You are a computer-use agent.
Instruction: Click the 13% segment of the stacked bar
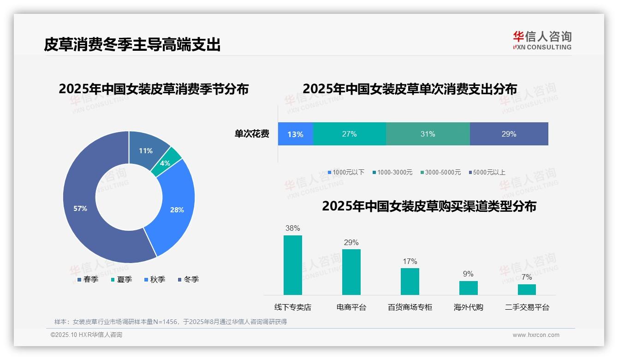(x=295, y=134)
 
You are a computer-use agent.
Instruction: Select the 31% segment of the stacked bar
(x=428, y=134)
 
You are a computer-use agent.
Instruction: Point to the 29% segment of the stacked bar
(x=509, y=134)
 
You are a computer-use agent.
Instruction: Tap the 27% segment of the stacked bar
(x=349, y=134)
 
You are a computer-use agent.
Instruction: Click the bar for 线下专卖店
(x=293, y=265)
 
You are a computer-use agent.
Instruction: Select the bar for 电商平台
(x=351, y=272)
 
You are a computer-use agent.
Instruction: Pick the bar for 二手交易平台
(x=527, y=289)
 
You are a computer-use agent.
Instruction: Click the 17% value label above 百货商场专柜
(x=410, y=261)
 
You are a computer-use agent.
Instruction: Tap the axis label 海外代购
(x=468, y=307)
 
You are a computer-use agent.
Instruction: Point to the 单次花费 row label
(x=252, y=134)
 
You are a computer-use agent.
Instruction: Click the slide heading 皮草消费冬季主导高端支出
(x=132, y=45)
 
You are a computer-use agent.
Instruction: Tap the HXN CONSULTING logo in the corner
(x=542, y=40)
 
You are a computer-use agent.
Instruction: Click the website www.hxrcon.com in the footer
(x=536, y=335)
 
